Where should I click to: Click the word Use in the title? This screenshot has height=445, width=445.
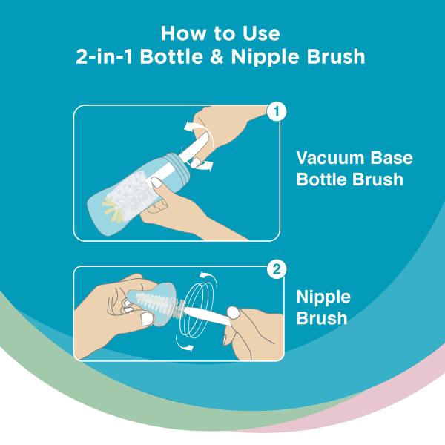coord(261,33)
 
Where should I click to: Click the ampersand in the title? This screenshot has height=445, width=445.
coord(217,56)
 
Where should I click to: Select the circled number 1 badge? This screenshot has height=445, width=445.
coord(277,111)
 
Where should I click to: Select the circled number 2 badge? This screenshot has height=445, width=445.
coord(277,268)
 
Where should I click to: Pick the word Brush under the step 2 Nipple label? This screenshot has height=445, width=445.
coord(322,318)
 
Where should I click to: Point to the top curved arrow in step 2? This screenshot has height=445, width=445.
coord(209,278)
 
